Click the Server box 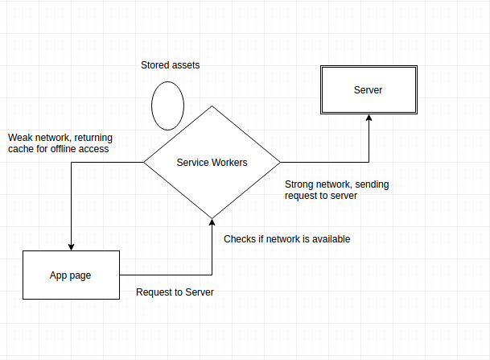coord(368,89)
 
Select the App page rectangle coord(71,275)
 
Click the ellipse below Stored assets coord(168,106)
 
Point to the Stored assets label coord(170,65)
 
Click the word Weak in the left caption coord(19,136)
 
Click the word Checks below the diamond coord(240,239)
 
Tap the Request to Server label coord(175,292)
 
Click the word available coord(330,239)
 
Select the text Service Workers coord(212,163)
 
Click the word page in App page coord(80,275)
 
